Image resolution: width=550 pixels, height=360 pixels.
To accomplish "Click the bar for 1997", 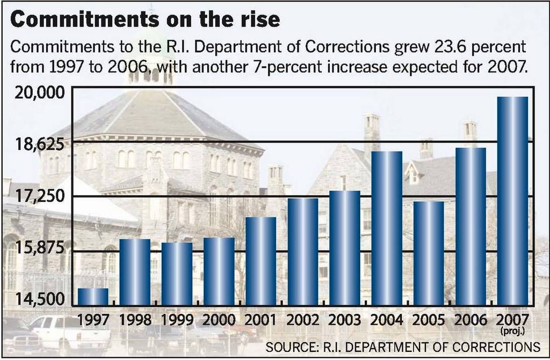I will click(x=93, y=297).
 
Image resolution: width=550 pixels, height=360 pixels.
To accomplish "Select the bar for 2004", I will click(x=387, y=228).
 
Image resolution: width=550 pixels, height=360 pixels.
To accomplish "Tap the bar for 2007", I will click(x=512, y=201).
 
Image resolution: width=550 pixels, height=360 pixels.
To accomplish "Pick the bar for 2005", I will click(x=429, y=253).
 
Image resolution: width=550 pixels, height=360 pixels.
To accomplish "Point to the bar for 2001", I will click(x=260, y=261).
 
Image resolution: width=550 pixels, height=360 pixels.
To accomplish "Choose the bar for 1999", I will click(x=177, y=274).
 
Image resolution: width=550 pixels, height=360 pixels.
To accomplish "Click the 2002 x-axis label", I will click(x=303, y=320).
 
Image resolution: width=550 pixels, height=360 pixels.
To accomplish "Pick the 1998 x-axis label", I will click(x=135, y=320).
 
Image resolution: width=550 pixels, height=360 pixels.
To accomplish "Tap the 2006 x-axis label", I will click(x=471, y=320).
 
